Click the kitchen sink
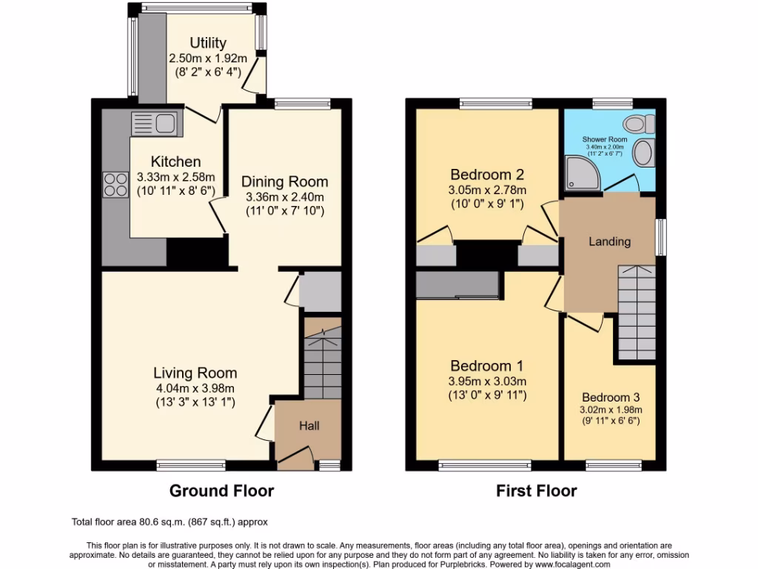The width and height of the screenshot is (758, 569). click(154, 122)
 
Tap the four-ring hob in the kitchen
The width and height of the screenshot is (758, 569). click(115, 184)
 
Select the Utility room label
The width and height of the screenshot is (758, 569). click(207, 43)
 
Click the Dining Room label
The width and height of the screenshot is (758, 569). click(285, 181)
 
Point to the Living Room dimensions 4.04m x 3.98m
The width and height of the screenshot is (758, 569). click(195, 388)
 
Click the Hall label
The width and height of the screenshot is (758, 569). click(309, 426)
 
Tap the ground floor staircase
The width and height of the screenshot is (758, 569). click(323, 359)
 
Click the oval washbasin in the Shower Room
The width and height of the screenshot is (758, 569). click(643, 154)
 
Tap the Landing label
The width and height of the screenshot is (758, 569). click(609, 242)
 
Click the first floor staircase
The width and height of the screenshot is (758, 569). click(636, 311)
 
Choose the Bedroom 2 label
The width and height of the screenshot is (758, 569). click(487, 175)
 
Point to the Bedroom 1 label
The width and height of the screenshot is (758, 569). click(487, 366)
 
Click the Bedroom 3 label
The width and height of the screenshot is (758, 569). click(610, 397)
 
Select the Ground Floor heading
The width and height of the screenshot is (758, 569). click(221, 490)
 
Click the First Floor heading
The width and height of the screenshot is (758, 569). click(536, 490)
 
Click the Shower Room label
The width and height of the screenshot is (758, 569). click(605, 139)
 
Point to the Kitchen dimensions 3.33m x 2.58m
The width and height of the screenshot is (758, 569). click(176, 177)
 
